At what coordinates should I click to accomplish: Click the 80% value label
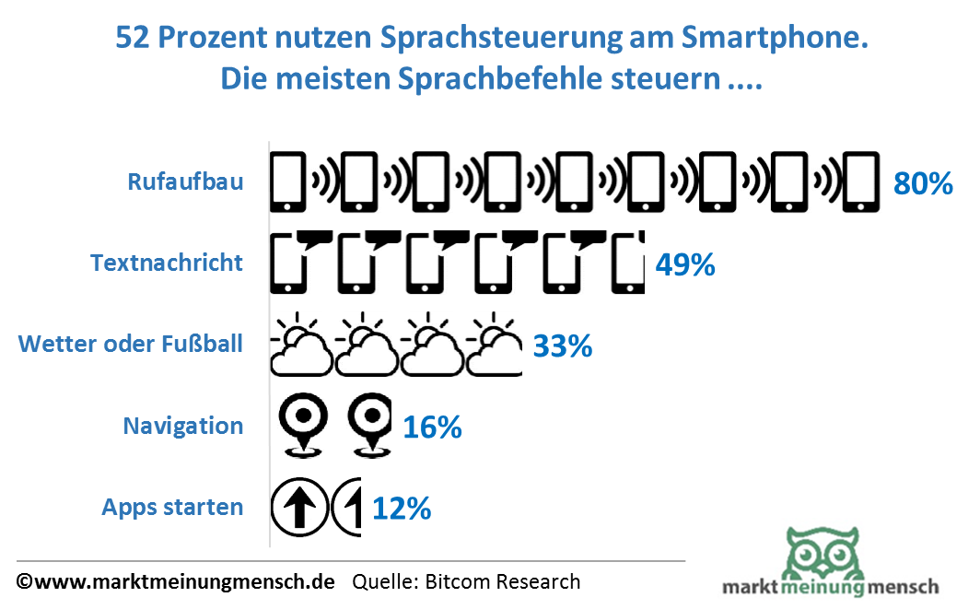click(922, 183)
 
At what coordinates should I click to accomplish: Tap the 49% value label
click(684, 265)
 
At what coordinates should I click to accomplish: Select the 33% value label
click(562, 347)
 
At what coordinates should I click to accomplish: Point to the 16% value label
click(432, 427)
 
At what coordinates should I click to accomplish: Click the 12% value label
click(402, 509)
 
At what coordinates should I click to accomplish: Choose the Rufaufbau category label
click(185, 182)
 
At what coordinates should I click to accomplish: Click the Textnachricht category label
click(167, 263)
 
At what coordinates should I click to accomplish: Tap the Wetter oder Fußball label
click(131, 345)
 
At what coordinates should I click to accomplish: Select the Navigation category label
click(183, 426)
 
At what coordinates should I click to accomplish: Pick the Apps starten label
click(172, 507)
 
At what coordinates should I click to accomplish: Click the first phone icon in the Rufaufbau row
click(287, 182)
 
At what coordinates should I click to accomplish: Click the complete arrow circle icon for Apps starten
click(297, 507)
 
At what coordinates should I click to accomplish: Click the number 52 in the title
click(133, 39)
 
